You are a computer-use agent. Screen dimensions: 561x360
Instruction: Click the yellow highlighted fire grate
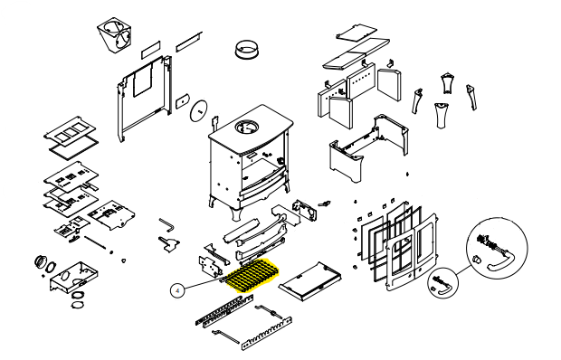pyautogui.click(x=253, y=275)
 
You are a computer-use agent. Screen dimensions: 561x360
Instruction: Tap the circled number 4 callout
pyautogui.click(x=178, y=290)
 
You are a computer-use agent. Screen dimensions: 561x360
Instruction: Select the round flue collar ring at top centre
pyautogui.click(x=247, y=49)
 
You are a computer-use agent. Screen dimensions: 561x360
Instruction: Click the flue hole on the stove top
pyautogui.click(x=247, y=128)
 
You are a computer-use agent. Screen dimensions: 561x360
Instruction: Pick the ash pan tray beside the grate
pyautogui.click(x=309, y=281)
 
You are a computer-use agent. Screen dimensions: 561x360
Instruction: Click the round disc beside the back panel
pyautogui.click(x=198, y=110)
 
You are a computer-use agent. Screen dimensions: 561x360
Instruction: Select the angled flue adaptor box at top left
pyautogui.click(x=115, y=35)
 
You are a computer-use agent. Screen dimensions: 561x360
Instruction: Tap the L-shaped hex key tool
pyautogui.click(x=167, y=224)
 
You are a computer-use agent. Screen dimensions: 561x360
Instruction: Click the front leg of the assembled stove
pyautogui.click(x=237, y=213)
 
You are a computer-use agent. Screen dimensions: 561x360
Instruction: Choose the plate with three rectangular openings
pyautogui.click(x=71, y=130)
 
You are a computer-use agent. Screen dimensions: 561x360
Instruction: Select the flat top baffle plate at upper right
pyautogui.click(x=357, y=53)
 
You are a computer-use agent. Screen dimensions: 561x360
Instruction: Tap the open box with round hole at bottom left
pyautogui.click(x=74, y=277)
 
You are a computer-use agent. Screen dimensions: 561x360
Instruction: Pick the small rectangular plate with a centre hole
pyautogui.click(x=182, y=101)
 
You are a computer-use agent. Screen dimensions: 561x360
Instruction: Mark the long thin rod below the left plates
pyautogui.click(x=96, y=242)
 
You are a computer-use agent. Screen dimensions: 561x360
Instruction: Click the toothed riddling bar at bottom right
pyautogui.click(x=267, y=333)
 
